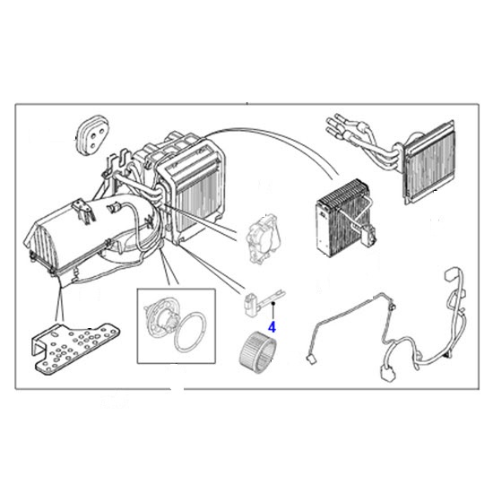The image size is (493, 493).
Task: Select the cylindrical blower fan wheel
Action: (255, 346)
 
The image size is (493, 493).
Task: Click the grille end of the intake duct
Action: (35, 246)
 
